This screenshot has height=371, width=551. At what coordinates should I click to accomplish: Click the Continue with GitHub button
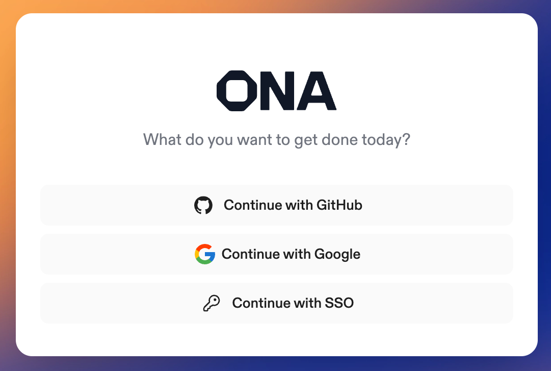click(x=277, y=205)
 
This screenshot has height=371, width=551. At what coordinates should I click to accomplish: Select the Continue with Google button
click(x=277, y=254)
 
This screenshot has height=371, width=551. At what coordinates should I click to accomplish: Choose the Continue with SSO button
click(x=277, y=303)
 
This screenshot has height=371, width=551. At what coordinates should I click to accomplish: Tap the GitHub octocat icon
click(x=203, y=205)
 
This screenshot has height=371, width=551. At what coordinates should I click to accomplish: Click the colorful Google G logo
click(x=205, y=254)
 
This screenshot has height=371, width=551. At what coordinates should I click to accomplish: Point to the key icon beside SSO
click(x=212, y=303)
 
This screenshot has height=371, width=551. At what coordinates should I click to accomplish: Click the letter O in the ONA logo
click(x=237, y=91)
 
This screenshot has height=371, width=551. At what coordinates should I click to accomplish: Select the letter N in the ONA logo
click(x=277, y=91)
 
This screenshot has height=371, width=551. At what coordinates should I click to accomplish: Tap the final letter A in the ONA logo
click(x=317, y=91)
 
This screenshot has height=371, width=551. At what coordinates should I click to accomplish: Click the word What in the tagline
click(x=162, y=140)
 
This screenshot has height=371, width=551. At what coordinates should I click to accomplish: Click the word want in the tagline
click(x=254, y=140)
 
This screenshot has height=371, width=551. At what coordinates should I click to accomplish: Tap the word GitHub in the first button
click(x=339, y=205)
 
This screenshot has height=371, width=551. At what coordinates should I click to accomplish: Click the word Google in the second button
click(x=337, y=255)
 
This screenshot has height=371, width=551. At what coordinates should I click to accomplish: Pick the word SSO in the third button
click(x=339, y=303)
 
